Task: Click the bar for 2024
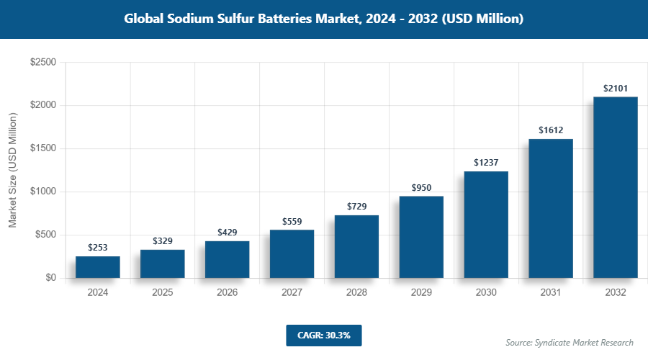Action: [x=97, y=267]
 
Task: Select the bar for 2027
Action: [x=292, y=254]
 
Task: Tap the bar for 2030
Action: [x=486, y=225]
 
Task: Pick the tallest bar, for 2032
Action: [x=616, y=187]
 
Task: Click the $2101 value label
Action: [x=616, y=89]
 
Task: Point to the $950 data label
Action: [x=421, y=188]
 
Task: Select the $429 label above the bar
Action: [x=227, y=233]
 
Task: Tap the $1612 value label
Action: [x=551, y=130]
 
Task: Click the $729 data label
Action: [x=356, y=207]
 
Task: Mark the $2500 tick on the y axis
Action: [x=43, y=63]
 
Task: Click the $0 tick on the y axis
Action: [x=50, y=278]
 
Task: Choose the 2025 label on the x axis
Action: [x=162, y=293]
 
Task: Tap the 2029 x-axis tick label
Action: [x=421, y=293]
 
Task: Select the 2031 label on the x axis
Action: [x=551, y=293]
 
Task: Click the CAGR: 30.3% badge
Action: [x=323, y=335]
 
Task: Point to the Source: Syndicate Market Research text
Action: [x=569, y=342]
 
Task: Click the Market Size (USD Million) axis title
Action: [x=13, y=170]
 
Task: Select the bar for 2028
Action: [x=356, y=247]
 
